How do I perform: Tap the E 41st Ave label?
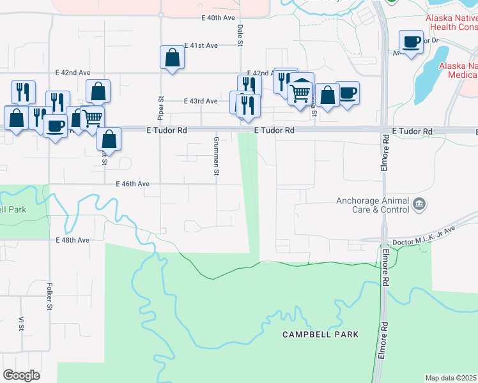click(x=201, y=46)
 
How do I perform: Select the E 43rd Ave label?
click(x=201, y=101)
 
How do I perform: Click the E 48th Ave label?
click(x=72, y=240)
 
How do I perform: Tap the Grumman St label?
click(x=217, y=156)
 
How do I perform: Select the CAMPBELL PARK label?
click(x=321, y=334)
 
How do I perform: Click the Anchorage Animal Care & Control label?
click(x=373, y=205)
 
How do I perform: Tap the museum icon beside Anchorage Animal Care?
click(x=419, y=204)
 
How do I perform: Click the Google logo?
click(x=21, y=375)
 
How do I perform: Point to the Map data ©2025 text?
click(x=451, y=378)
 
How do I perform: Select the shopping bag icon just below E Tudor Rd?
click(x=110, y=140)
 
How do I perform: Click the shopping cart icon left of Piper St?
click(x=93, y=118)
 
